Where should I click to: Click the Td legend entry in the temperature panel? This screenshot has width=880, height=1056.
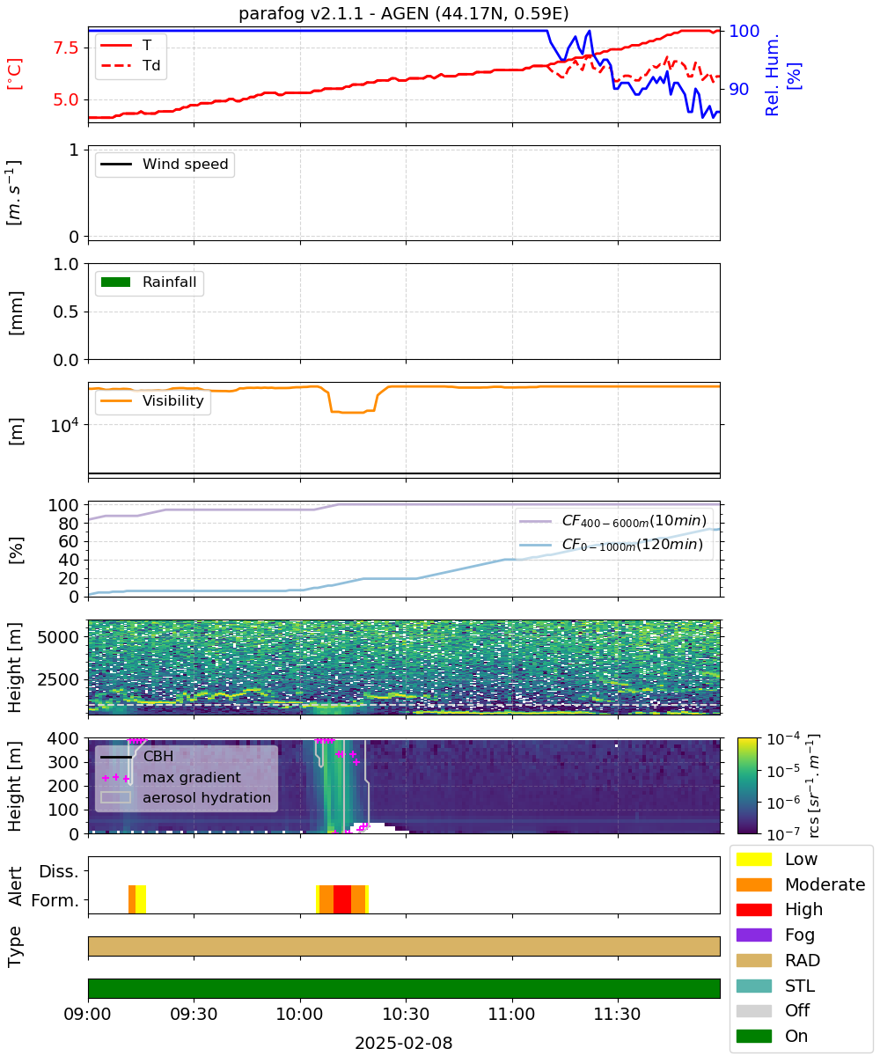(x=130, y=65)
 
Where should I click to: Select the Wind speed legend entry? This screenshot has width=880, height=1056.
(x=165, y=164)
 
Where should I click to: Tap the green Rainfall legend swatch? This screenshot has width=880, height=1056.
(x=116, y=282)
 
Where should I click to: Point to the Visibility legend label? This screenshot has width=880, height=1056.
(x=173, y=400)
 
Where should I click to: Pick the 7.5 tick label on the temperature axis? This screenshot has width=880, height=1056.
(x=66, y=48)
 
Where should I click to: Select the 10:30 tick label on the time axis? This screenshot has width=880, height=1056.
(x=406, y=1014)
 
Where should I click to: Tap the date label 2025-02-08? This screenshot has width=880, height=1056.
(x=404, y=1043)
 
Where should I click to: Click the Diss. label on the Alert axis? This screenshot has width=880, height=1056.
(x=59, y=871)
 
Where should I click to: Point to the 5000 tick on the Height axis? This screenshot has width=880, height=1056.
(x=58, y=637)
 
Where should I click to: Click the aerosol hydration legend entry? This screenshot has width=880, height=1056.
(x=186, y=797)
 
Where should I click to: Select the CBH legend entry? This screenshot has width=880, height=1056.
(x=136, y=757)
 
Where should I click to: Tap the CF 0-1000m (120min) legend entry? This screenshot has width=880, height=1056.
(x=611, y=545)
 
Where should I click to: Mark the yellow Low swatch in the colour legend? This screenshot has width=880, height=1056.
(x=754, y=859)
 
